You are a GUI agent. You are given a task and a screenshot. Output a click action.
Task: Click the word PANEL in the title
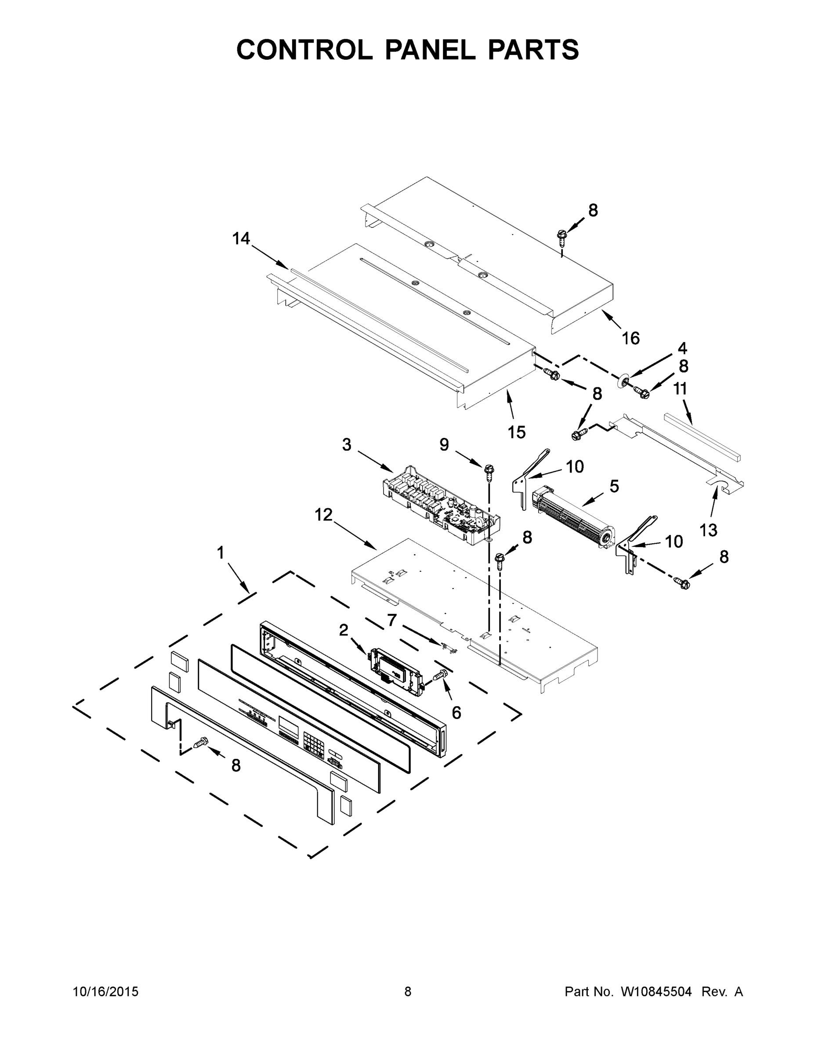pyautogui.click(x=430, y=50)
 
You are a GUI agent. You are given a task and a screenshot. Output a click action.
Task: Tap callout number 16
pyautogui.click(x=630, y=338)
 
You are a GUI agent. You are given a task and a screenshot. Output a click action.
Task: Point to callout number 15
pyautogui.click(x=516, y=432)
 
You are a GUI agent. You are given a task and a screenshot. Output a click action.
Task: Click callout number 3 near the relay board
pyautogui.click(x=347, y=444)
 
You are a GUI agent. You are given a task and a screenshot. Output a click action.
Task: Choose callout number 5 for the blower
pyautogui.click(x=614, y=486)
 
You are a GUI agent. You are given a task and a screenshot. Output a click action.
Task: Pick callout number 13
pyautogui.click(x=708, y=530)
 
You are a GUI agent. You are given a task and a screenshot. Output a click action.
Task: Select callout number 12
pyautogui.click(x=323, y=515)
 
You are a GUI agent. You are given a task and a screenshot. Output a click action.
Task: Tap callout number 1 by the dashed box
pyautogui.click(x=221, y=552)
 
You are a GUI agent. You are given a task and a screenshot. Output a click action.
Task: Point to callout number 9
pyautogui.click(x=444, y=444)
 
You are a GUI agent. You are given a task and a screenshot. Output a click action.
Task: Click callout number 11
pyautogui.click(x=680, y=389)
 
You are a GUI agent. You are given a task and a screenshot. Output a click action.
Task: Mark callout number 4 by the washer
pyautogui.click(x=682, y=348)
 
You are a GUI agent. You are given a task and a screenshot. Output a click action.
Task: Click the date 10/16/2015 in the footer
pyautogui.click(x=106, y=992)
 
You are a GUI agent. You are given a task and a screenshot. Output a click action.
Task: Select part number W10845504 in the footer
pyautogui.click(x=656, y=992)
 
